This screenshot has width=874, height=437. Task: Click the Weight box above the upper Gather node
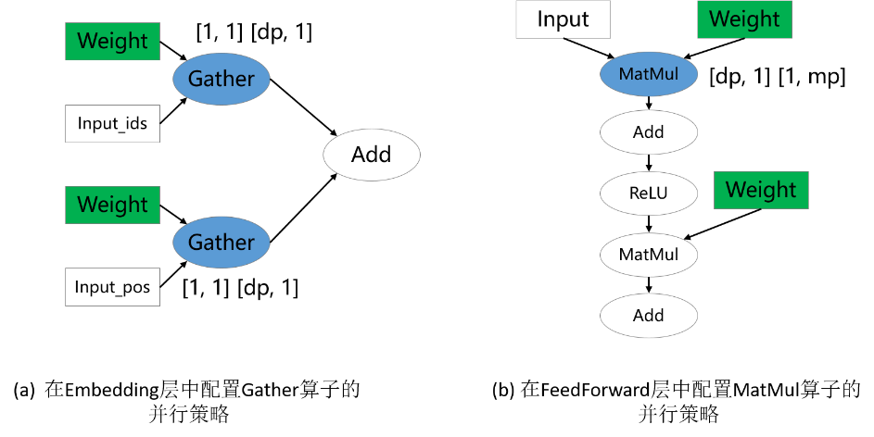point(112,42)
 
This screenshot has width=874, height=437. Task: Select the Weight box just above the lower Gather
point(112,205)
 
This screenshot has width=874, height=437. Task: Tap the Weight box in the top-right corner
point(744,19)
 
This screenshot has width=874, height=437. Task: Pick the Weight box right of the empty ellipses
point(761,190)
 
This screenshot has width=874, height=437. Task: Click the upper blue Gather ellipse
point(221,79)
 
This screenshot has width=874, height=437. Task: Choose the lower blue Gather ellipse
point(221,243)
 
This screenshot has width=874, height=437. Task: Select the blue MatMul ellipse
point(649,74)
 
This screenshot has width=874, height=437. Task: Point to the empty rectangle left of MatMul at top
point(563,19)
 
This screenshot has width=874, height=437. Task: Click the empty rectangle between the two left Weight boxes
point(112,123)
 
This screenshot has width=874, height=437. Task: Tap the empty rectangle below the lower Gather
point(112,286)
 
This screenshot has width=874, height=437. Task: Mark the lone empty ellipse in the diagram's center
point(372,155)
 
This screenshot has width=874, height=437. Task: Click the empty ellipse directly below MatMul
point(649,132)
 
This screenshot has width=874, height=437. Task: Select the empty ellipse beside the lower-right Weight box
point(649,194)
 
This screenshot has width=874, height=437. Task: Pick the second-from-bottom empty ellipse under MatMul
point(649,255)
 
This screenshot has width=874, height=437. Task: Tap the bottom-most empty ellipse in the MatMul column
point(649,316)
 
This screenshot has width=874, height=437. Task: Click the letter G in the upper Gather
point(195,79)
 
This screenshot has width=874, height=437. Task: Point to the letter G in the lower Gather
point(195,243)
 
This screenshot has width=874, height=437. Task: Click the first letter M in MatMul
point(626,74)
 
